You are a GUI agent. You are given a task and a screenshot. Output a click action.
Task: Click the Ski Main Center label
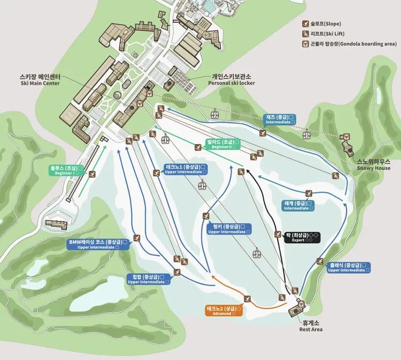tap(40, 80)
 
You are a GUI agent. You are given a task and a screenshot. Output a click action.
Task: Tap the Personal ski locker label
tap(232, 80)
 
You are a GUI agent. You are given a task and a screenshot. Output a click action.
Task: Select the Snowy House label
tap(374, 164)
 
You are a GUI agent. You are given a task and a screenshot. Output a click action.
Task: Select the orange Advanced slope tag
tap(225, 310)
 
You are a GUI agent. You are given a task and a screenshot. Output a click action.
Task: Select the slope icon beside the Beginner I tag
tap(92, 174)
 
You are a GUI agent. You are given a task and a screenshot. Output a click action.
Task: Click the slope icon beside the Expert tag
tap(278, 234)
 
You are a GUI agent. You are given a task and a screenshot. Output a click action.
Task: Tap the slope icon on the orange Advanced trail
tap(247, 298)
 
